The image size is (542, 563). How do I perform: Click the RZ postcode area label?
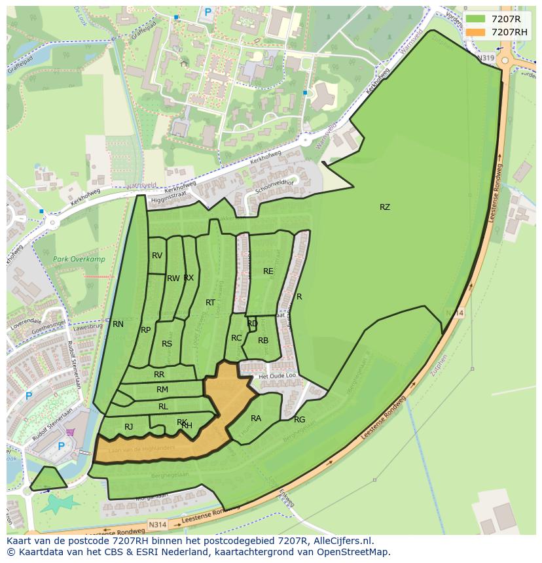(384, 207)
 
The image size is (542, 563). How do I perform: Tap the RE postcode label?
(268, 271)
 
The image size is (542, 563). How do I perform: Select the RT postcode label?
(210, 303)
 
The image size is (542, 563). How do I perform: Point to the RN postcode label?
(118, 324)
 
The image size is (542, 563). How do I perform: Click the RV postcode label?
(157, 256)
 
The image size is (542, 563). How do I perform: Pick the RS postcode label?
(167, 344)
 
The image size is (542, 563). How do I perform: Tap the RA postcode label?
(256, 418)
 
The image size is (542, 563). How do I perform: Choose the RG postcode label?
(299, 420)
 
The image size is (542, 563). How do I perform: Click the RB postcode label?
(263, 341)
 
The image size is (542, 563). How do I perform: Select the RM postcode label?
(162, 390)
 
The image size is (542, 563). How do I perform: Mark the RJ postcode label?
(128, 427)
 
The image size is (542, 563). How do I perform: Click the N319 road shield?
(485, 58)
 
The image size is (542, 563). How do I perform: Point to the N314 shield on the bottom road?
(157, 524)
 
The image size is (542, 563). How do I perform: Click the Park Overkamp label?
(79, 260)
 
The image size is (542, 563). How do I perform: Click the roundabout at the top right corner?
(506, 60)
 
